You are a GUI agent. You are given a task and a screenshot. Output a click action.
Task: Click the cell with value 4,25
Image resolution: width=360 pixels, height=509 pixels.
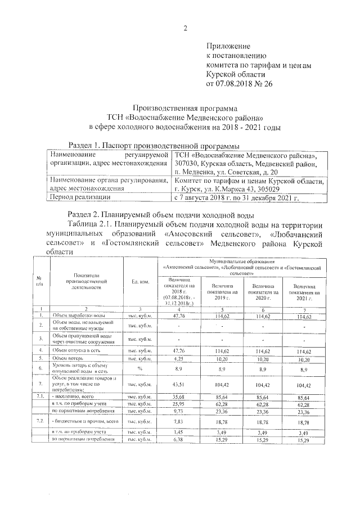pyautogui.click(x=178, y=357)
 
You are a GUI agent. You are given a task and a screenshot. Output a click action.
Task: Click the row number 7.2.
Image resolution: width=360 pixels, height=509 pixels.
pyautogui.click(x=39, y=420)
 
